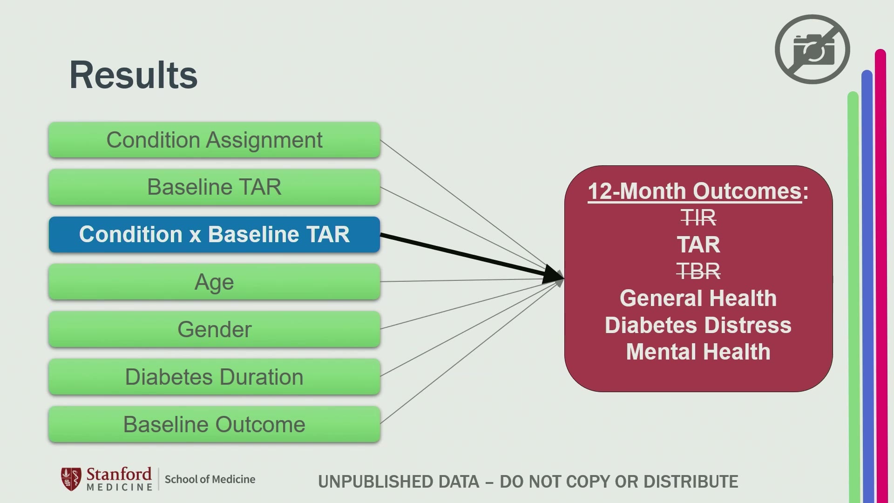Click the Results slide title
click(134, 75)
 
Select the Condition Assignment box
click(214, 140)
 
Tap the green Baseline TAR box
click(214, 187)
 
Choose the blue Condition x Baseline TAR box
click(214, 234)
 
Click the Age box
click(214, 282)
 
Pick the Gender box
click(214, 329)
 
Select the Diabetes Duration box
click(214, 377)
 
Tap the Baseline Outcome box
click(214, 424)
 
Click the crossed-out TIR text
click(698, 218)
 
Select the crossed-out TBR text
click(698, 271)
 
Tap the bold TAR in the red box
click(698, 245)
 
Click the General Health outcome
click(698, 298)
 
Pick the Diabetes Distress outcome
click(698, 325)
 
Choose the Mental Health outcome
click(698, 352)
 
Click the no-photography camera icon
click(813, 49)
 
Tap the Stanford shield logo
click(71, 479)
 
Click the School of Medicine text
click(210, 479)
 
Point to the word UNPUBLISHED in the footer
click(399, 482)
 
